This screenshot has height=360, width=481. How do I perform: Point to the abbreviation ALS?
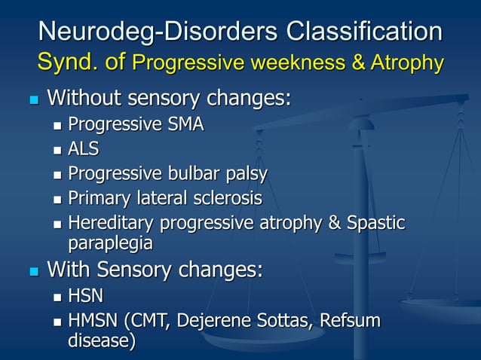(x=84, y=149)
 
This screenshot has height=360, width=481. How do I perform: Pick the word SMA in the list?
(x=184, y=124)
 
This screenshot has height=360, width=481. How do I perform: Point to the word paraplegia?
(x=110, y=243)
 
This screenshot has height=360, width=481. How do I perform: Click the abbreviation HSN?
(x=86, y=297)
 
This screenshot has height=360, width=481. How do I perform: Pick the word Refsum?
(x=351, y=322)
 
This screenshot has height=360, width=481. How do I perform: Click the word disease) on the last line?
(x=102, y=342)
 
